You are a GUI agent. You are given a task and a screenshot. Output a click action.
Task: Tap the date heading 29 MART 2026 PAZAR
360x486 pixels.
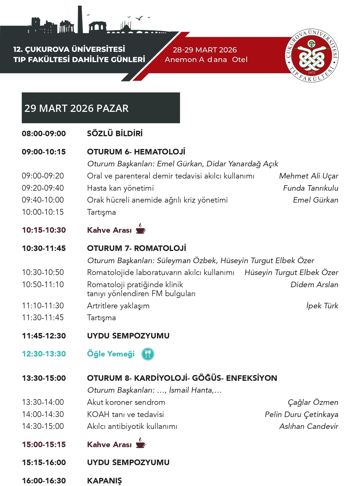(x=77, y=108)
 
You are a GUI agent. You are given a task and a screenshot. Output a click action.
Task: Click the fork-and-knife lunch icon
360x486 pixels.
(x=148, y=354)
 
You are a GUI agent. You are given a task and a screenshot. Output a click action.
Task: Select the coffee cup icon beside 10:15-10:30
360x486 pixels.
(x=140, y=229)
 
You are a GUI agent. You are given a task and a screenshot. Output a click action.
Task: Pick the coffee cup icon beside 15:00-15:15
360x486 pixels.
(x=140, y=443)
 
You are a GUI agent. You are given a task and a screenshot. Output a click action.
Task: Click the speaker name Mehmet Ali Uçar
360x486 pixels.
(x=308, y=176)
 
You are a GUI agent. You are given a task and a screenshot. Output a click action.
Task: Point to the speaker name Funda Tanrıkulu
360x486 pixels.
(x=310, y=188)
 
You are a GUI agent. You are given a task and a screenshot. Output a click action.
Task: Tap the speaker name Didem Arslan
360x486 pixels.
(x=314, y=285)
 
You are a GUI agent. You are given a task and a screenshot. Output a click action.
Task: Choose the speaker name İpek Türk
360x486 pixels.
(x=322, y=306)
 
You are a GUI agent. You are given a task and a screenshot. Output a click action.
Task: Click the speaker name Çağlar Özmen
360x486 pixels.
(x=313, y=402)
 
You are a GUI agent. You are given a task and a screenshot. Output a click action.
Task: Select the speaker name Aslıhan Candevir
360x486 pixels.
(x=309, y=426)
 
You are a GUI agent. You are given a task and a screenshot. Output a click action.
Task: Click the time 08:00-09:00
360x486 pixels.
(x=44, y=134)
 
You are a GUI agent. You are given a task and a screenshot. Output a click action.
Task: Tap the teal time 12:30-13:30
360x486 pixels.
(x=44, y=354)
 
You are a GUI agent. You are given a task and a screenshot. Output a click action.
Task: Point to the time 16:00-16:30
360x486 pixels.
(x=44, y=480)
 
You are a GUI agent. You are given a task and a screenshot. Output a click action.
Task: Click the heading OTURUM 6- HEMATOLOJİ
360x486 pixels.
(x=136, y=152)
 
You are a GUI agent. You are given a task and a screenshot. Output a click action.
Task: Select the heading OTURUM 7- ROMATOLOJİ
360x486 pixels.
(x=137, y=248)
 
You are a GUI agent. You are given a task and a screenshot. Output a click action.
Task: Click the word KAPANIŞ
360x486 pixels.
(x=104, y=480)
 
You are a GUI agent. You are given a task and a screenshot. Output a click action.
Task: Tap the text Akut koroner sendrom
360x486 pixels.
(x=126, y=402)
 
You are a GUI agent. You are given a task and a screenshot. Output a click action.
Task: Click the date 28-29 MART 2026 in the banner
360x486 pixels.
(x=205, y=50)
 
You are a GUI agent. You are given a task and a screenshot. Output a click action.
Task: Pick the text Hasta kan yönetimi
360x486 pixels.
(x=120, y=188)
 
